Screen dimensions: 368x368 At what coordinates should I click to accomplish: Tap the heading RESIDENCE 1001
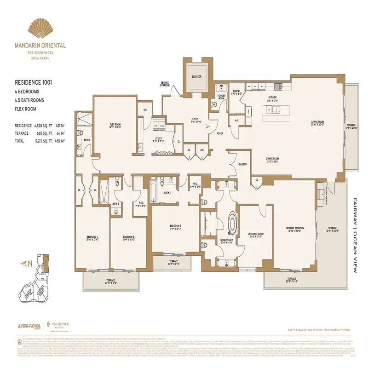(33, 83)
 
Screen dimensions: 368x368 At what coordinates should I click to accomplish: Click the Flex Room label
(115, 126)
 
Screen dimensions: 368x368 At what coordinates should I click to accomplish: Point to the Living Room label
(317, 123)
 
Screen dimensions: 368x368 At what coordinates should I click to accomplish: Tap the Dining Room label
(273, 160)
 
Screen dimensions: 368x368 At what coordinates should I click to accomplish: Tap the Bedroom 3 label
(128, 238)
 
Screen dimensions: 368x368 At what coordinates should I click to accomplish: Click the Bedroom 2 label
(174, 227)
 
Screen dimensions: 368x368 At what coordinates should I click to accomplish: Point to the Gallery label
(242, 164)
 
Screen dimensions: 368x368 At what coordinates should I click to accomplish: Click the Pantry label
(237, 92)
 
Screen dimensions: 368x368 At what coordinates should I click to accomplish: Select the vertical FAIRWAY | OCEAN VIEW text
(355, 236)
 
